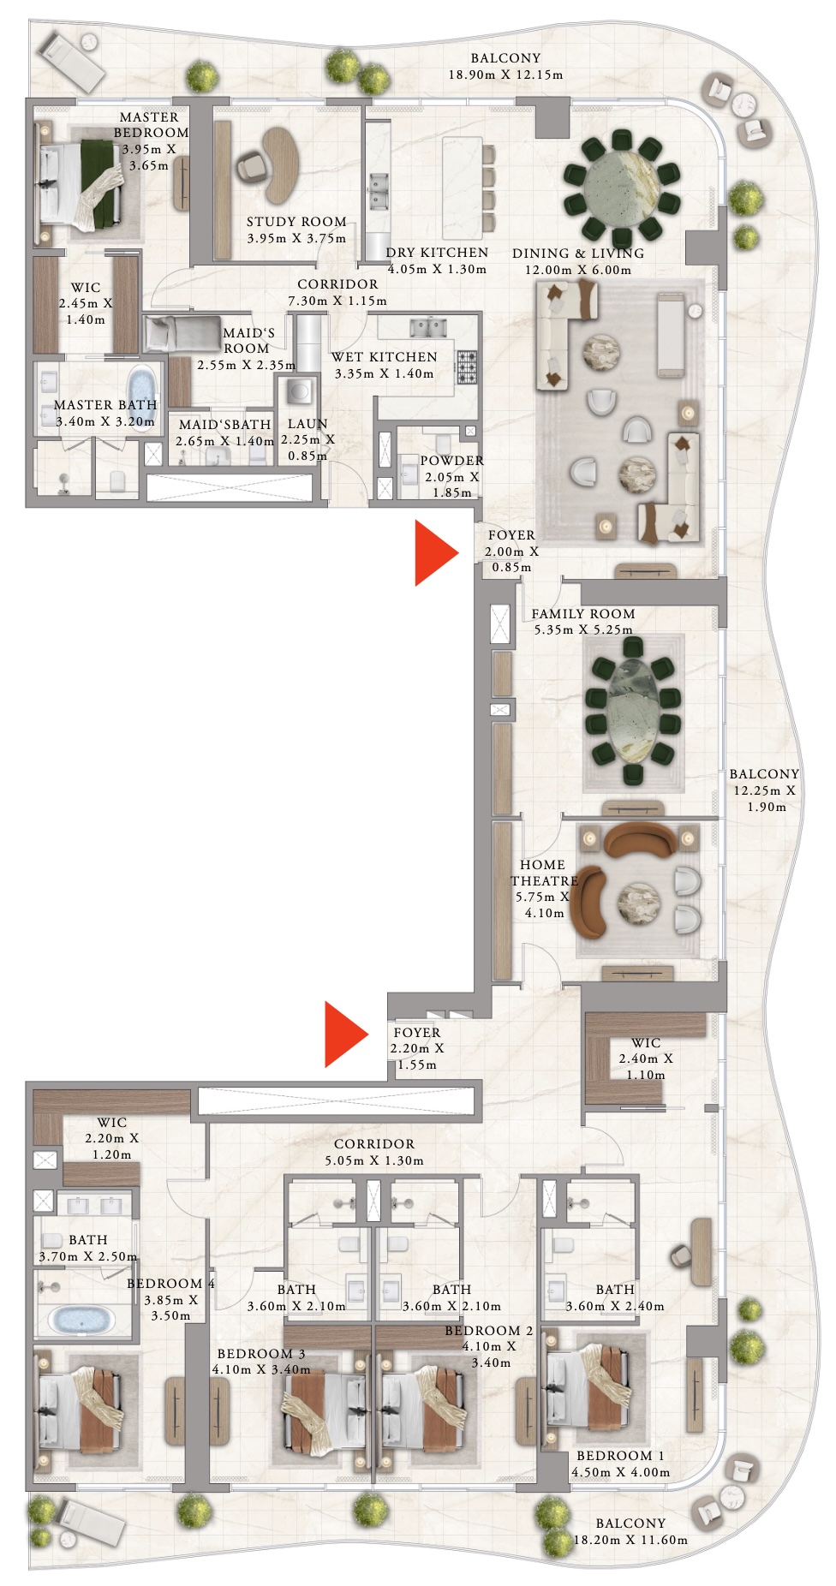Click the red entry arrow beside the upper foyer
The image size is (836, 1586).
434,553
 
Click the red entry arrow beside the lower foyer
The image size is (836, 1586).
343,1034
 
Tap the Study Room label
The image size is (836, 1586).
296,222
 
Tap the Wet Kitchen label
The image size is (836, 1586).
384,357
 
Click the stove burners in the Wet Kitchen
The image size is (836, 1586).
467,367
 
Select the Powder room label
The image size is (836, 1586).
451,461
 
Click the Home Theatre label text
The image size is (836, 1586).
543,873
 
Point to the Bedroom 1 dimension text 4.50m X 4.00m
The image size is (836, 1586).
620,1472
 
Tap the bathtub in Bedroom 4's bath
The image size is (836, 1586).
82,1318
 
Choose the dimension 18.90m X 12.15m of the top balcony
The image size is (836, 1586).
505,75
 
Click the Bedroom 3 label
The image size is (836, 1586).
260,1354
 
